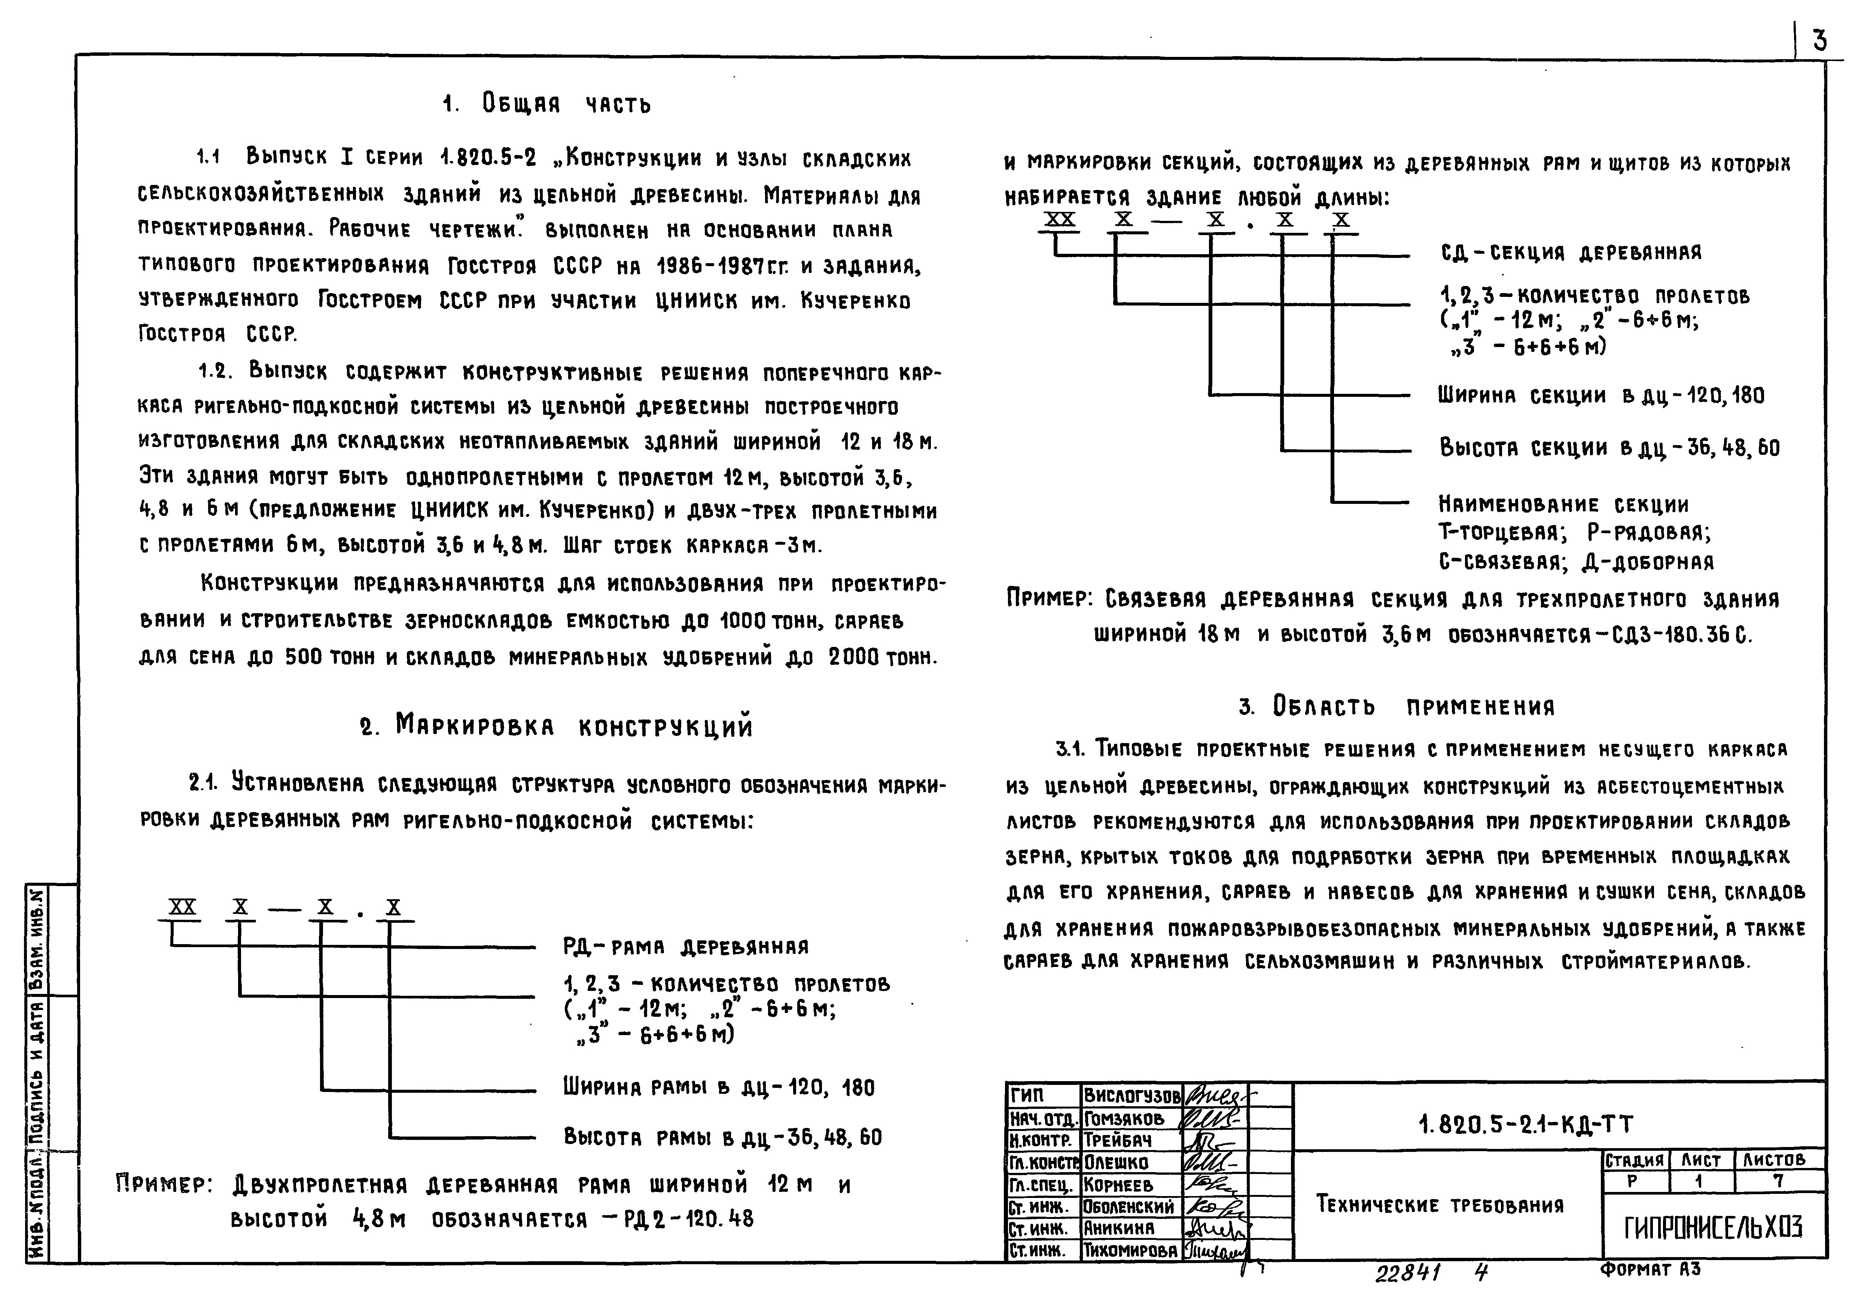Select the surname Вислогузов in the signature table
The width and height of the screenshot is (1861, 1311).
pyautogui.click(x=1131, y=1096)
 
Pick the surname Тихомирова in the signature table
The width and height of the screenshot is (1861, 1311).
pyautogui.click(x=1130, y=1251)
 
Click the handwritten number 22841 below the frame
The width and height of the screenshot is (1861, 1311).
pyautogui.click(x=1407, y=1274)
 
